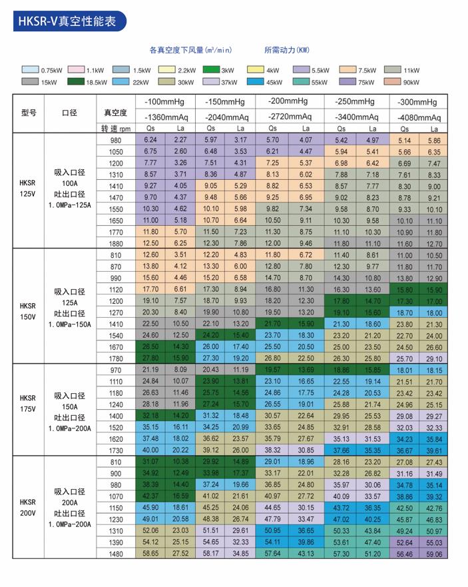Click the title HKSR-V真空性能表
coord(67,21)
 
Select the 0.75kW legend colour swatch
coord(30,70)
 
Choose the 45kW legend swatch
coord(255,81)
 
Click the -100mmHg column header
coord(164,102)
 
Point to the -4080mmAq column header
coord(419,117)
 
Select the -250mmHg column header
coord(355,101)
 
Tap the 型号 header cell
coord(29,113)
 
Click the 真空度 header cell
coord(115,113)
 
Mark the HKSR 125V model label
coord(27,189)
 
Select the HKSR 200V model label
coord(28,508)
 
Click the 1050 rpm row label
coord(116,152)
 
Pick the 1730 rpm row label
coord(116,450)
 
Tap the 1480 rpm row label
coord(116,554)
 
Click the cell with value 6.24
coord(150,140)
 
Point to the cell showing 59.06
coord(434,554)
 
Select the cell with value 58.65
coord(150,553)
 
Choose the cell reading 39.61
coord(434,450)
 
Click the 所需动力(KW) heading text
coord(287,50)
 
